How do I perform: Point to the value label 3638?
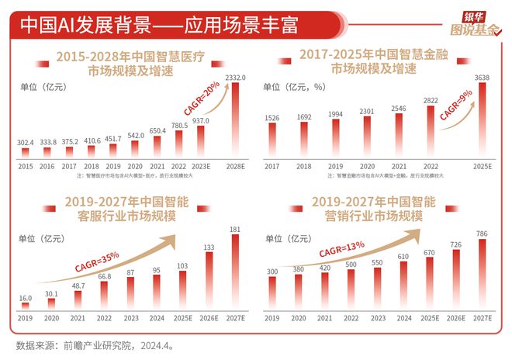[x=485, y=78]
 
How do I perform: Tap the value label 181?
[x=235, y=228]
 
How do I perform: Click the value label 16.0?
[x=25, y=298]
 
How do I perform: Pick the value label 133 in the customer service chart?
[x=209, y=247]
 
